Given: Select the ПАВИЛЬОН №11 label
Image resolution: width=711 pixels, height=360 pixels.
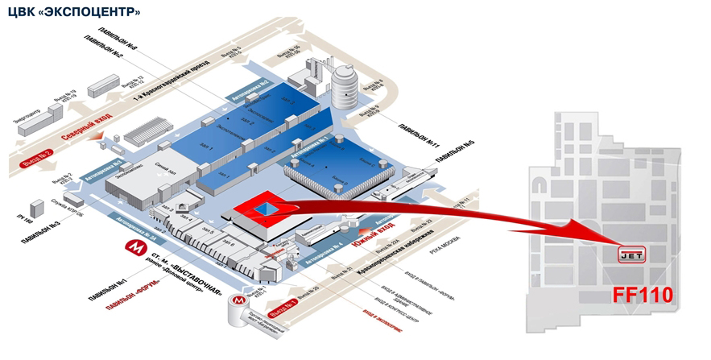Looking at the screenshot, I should (422, 136).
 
